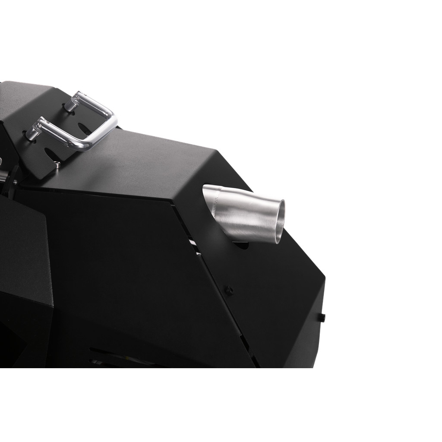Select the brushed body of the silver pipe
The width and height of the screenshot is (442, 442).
246,216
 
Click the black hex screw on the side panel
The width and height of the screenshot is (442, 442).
230,290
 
